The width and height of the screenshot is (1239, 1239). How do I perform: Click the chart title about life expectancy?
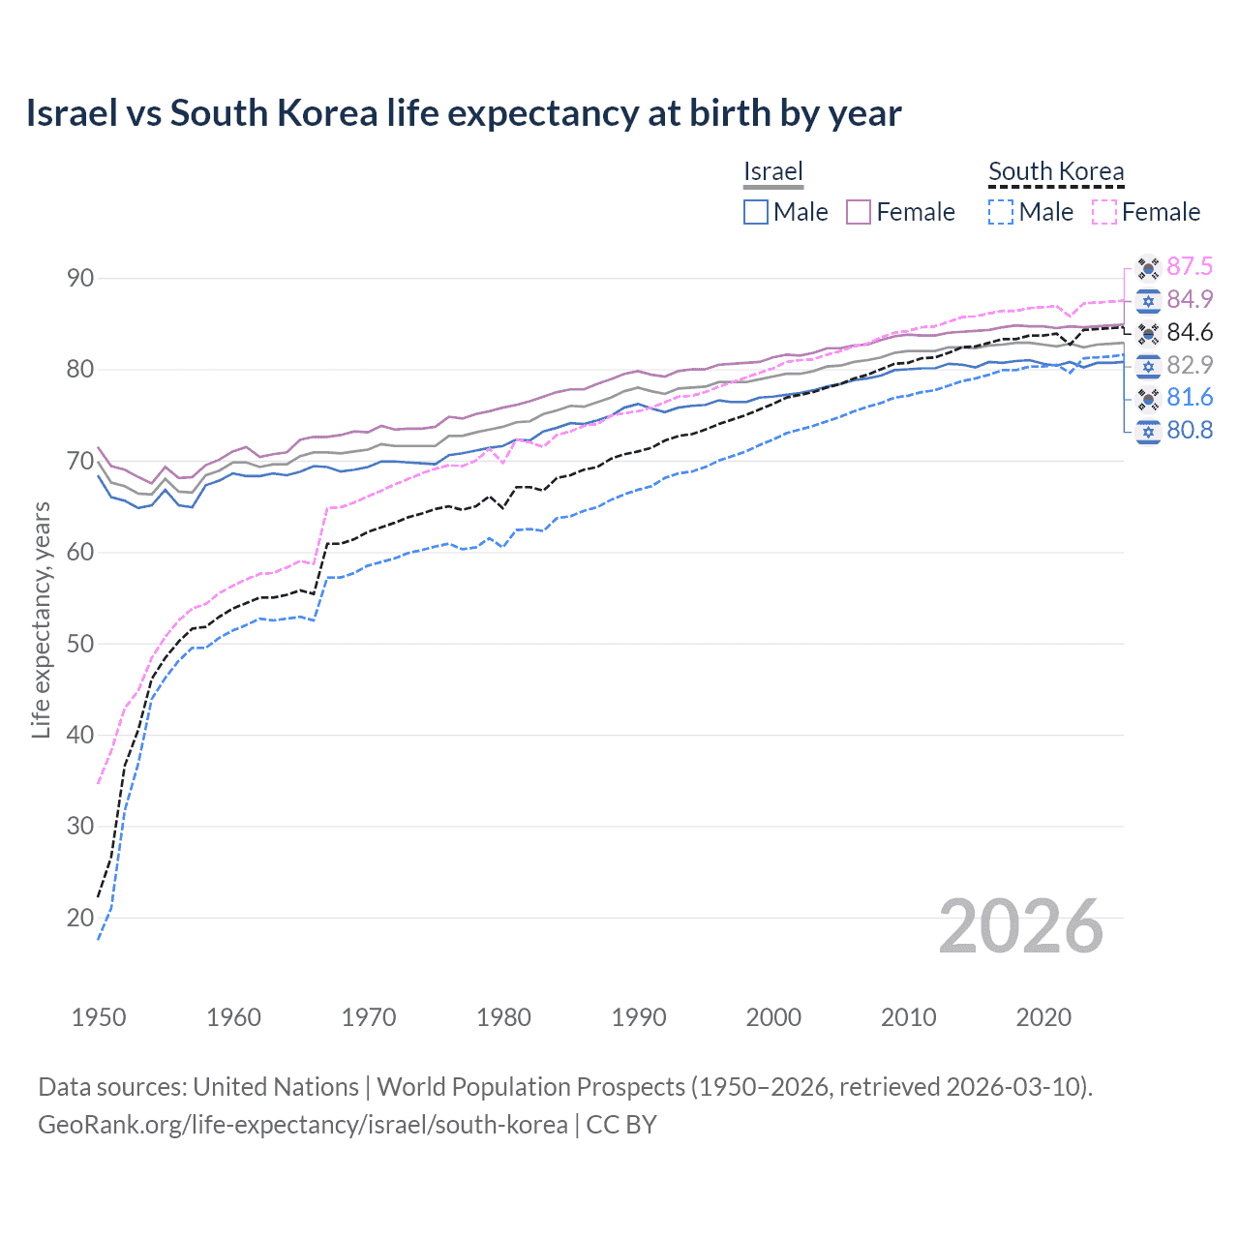click(x=464, y=113)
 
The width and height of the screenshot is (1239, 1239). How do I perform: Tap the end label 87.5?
click(x=1190, y=266)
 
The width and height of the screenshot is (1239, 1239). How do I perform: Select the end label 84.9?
click(x=1190, y=299)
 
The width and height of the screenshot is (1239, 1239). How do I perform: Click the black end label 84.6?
click(x=1190, y=332)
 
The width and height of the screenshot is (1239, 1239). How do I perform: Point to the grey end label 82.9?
click(x=1190, y=365)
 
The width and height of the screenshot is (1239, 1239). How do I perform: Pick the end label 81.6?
click(x=1190, y=397)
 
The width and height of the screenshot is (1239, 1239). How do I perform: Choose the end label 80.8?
click(x=1190, y=430)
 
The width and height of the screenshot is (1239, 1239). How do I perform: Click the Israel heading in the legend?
click(x=773, y=171)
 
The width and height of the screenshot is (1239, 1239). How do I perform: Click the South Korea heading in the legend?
click(x=1056, y=171)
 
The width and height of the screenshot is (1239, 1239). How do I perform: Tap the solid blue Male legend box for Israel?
click(x=756, y=212)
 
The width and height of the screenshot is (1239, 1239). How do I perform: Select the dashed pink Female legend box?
click(x=1104, y=212)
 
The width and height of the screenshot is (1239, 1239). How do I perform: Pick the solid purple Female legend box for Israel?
click(x=860, y=212)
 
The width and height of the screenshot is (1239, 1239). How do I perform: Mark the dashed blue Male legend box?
click(x=1002, y=212)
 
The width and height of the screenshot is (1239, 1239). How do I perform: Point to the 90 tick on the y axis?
click(x=80, y=279)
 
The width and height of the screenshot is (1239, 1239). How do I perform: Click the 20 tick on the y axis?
click(x=80, y=918)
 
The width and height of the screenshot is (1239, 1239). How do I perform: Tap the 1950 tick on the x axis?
click(x=99, y=1017)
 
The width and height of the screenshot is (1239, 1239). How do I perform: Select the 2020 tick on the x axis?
click(x=1043, y=1017)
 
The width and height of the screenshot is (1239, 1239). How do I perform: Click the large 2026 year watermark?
click(x=1021, y=926)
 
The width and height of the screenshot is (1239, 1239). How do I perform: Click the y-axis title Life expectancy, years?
click(x=42, y=619)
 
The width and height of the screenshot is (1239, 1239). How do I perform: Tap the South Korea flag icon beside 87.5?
click(x=1148, y=267)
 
